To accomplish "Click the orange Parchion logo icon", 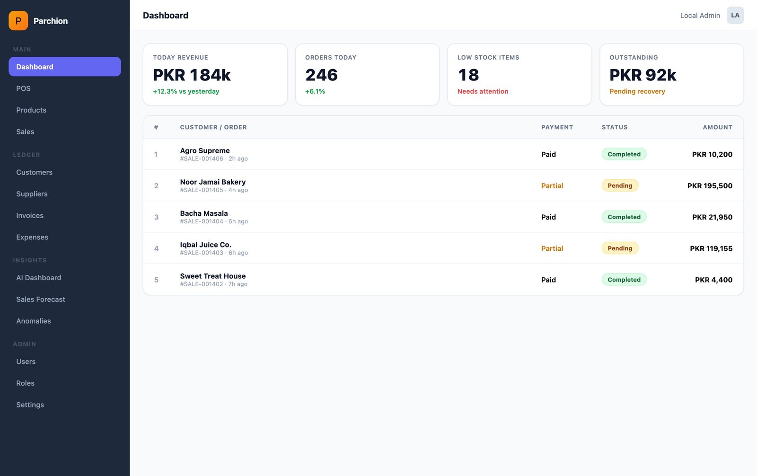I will tap(18, 21).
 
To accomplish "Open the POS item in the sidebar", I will tap(23, 88).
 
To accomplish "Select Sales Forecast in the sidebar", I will tap(41, 300).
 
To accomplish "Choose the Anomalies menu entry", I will tap(34, 321).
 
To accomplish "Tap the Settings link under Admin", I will tap(30, 405).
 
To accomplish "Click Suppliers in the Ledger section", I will tap(32, 194).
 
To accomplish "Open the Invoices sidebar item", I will tap(30, 215).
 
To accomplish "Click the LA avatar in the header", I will tap(735, 15).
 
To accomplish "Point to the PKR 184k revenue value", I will tap(192, 75).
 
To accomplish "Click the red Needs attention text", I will tap(483, 91).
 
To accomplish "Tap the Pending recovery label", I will tap(637, 91).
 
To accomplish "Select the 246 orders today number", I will tap(321, 75).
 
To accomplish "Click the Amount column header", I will tap(717, 127).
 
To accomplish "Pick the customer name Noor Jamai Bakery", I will tap(212, 182).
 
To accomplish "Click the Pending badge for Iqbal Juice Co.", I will tap(620, 248).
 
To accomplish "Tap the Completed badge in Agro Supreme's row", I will tap(624, 154).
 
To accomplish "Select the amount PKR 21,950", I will tap(712, 217).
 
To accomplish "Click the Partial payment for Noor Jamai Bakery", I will tap(552, 186).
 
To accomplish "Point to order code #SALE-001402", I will tap(202, 284).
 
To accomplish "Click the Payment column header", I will tap(557, 127).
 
